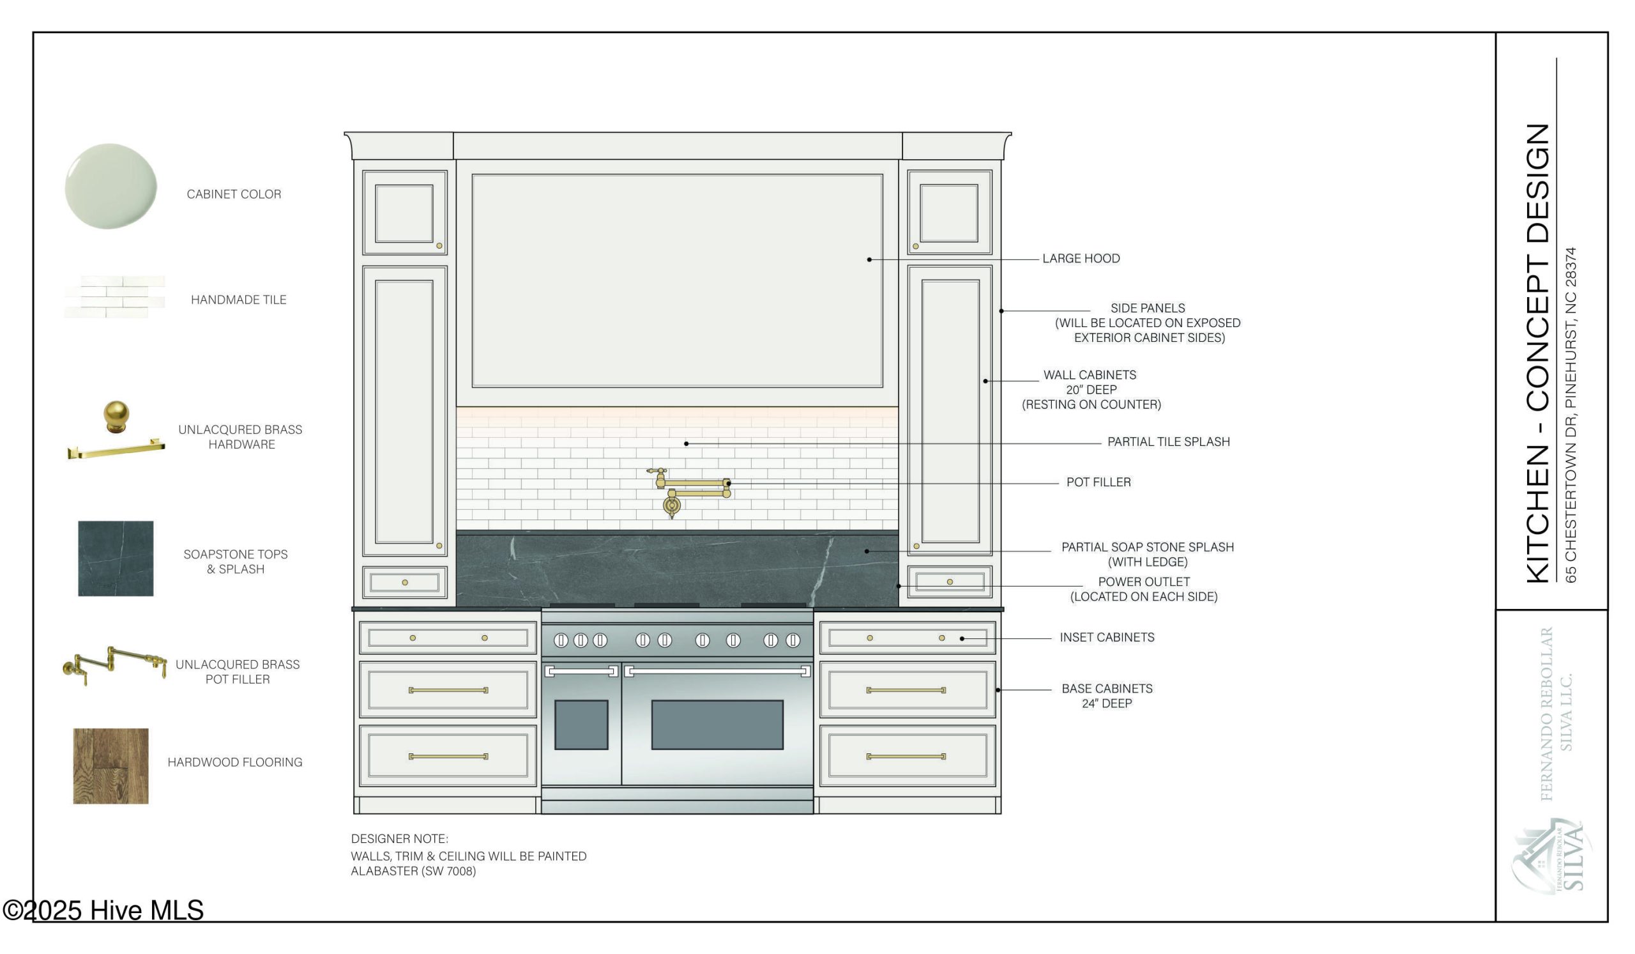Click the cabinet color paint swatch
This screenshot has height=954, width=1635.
coord(111,186)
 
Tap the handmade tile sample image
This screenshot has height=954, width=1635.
coord(114,297)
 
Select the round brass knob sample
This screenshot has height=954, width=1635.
coord(117,417)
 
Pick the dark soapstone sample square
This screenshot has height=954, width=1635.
coord(116,558)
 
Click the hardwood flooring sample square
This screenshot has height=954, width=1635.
coord(111,766)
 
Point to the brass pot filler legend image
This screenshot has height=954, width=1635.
coord(114,665)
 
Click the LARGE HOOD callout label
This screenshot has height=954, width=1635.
coord(1081,258)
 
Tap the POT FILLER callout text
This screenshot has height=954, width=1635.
coord(1099,482)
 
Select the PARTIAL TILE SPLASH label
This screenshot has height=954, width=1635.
coord(1169,442)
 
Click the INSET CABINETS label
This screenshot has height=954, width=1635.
coord(1107,637)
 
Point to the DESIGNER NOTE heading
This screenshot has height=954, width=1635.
coord(400,838)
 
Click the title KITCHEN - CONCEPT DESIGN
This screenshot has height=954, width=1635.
coord(1538,353)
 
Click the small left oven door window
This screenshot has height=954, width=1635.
coord(581,725)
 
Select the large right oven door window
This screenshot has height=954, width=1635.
coord(717,725)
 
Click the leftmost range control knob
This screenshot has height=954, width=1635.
coord(561,640)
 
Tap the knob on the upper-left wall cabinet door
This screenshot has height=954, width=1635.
coord(439,246)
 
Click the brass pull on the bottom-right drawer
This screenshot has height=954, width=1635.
coord(906,757)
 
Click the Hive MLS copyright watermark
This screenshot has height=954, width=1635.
coord(103,910)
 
